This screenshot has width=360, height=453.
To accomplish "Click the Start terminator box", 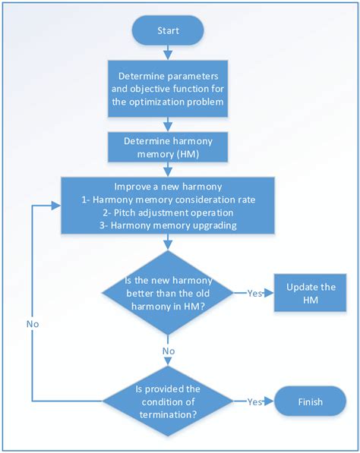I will point(167,32).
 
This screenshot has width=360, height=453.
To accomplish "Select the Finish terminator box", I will point(310,401).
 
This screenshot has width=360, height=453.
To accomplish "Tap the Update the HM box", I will point(310,294).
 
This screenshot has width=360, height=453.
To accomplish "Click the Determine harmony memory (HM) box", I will point(167,147).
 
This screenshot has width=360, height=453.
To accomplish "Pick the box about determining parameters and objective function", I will point(167,90).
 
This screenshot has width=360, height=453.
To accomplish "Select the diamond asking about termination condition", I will point(167,401).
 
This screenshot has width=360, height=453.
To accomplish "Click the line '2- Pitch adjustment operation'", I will point(167,212).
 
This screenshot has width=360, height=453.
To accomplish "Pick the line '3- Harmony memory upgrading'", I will point(167,225).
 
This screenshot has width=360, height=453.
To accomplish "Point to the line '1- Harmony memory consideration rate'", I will point(167,200).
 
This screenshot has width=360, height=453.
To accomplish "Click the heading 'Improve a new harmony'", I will point(167,187).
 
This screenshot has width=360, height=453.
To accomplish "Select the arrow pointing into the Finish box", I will point(270,401).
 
